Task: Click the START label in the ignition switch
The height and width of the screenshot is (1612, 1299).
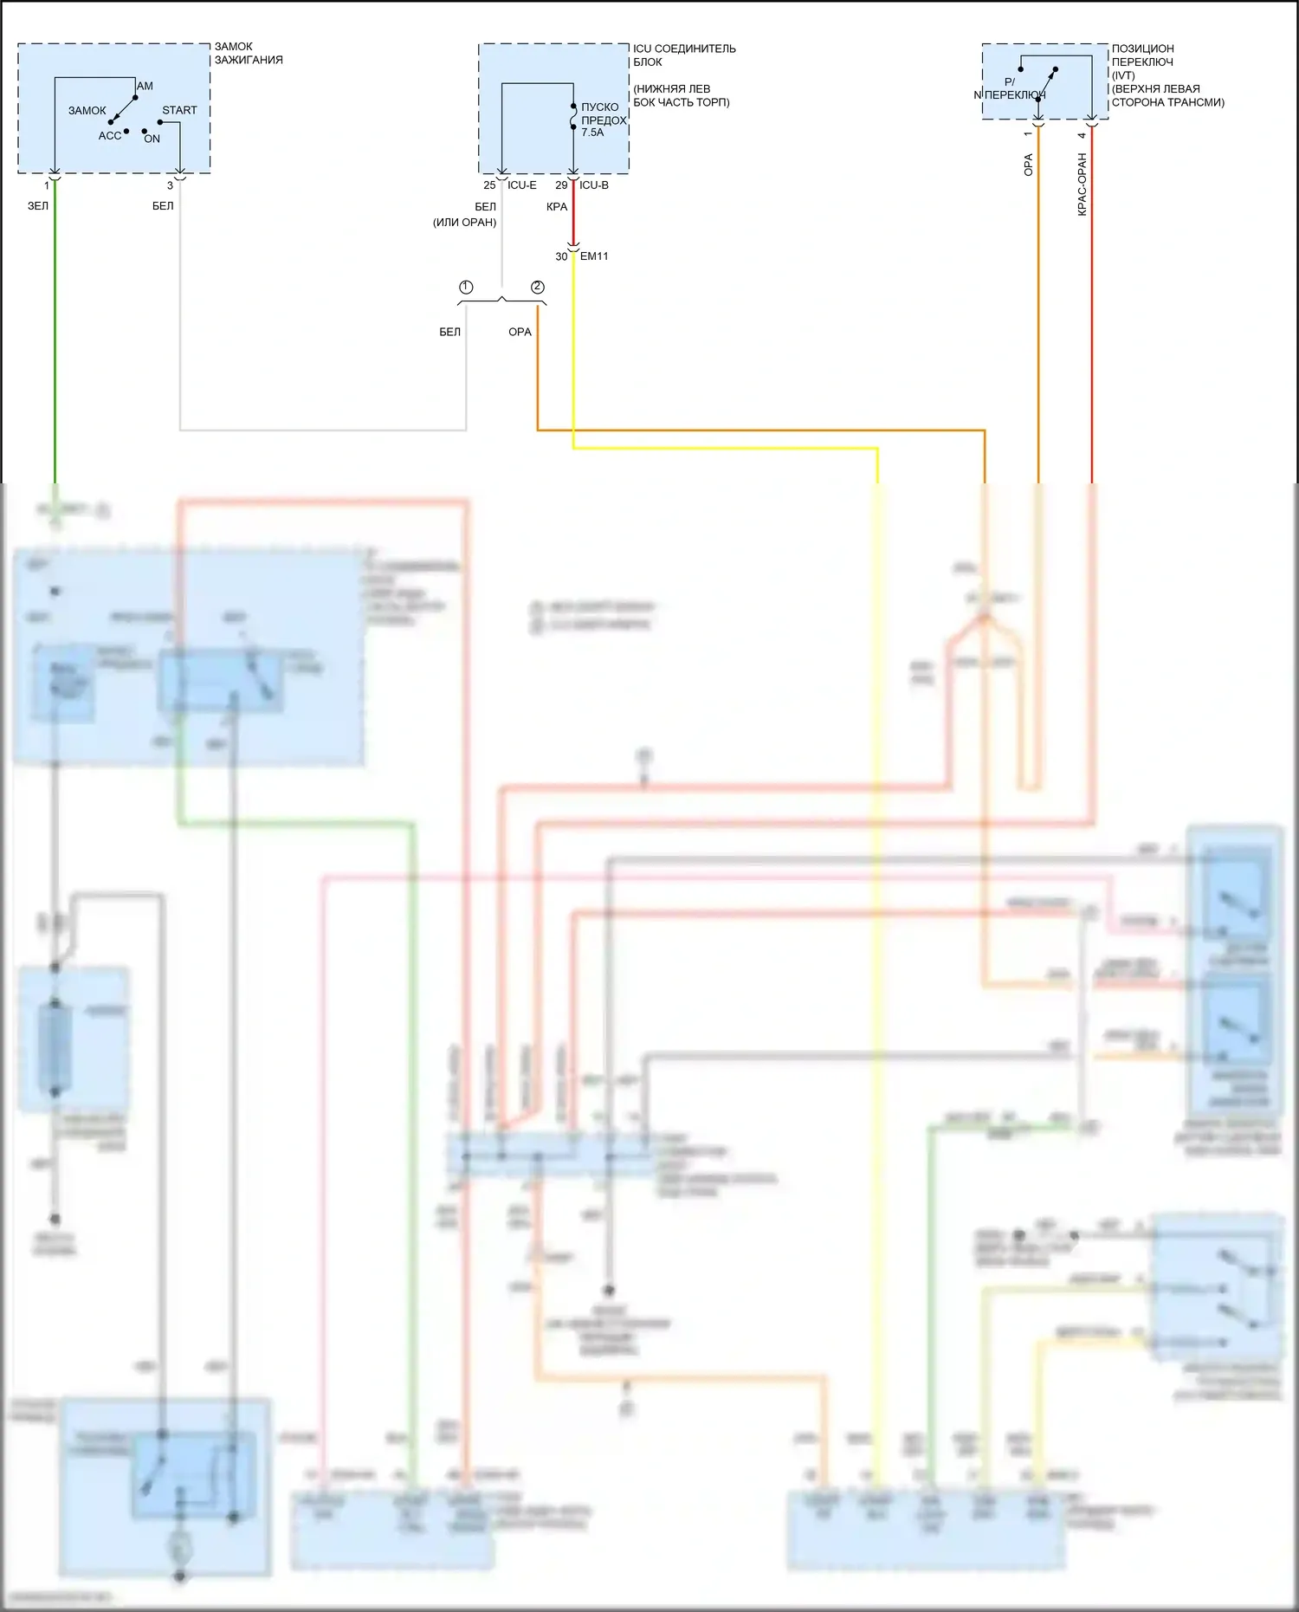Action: pos(179,110)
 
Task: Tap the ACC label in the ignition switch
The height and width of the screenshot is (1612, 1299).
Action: pos(110,136)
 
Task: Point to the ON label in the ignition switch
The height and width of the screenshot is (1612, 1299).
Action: pos(152,139)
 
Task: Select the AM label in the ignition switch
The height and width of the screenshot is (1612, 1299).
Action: pos(145,86)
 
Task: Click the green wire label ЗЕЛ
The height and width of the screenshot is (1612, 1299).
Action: pos(38,206)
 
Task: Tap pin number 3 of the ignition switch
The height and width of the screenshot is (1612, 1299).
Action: pos(170,185)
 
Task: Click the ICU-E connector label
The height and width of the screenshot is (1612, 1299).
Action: pos(522,185)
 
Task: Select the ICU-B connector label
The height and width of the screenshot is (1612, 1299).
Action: pos(594,185)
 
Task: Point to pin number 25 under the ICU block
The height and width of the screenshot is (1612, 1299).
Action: pos(489,185)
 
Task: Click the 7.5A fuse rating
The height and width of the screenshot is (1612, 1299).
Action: pos(592,133)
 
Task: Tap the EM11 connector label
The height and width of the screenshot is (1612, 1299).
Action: pos(594,256)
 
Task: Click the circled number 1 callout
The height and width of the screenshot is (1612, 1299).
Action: pos(466,287)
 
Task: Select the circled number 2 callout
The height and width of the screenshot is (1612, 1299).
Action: pos(538,287)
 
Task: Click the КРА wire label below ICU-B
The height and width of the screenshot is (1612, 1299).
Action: pos(557,207)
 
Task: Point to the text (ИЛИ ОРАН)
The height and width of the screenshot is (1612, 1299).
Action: pos(465,223)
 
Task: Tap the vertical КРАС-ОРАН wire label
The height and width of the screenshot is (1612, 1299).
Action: pos(1082,185)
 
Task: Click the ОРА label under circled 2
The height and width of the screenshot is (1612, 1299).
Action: pos(520,332)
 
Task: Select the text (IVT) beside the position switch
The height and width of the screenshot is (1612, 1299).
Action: pos(1123,75)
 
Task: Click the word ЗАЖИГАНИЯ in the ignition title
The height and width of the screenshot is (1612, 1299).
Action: pos(249,60)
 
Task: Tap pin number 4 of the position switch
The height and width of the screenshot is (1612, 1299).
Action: pos(1082,135)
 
